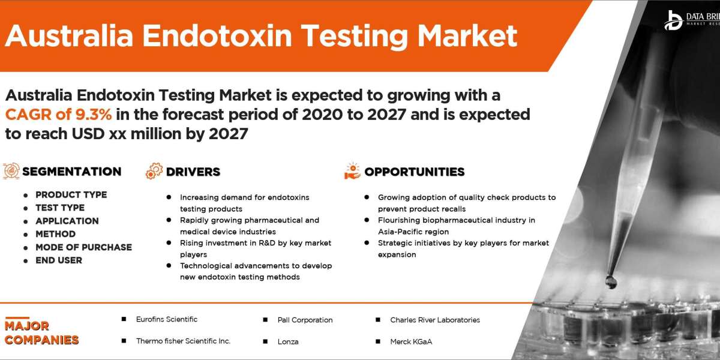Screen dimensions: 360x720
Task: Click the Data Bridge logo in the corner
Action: coord(673,20)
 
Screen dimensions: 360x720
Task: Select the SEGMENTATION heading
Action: coord(72,172)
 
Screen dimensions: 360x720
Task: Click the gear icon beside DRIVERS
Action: coord(154,171)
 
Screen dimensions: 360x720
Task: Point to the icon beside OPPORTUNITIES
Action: coord(352,171)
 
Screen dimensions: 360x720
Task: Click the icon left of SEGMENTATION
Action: coord(11,171)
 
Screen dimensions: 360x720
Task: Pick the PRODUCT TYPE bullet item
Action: coord(71,194)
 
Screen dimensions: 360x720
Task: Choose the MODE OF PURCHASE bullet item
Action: coord(83,247)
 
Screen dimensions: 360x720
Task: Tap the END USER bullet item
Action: coord(59,260)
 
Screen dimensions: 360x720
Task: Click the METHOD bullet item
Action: coord(55,234)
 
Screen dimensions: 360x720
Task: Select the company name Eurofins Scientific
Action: coord(166,319)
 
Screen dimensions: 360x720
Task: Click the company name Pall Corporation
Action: coord(305,320)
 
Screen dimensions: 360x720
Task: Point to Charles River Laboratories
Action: coord(434,320)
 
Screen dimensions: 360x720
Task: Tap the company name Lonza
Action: coord(288,341)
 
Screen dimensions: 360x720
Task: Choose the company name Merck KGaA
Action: coord(411,341)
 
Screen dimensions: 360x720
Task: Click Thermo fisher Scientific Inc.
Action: coord(183,341)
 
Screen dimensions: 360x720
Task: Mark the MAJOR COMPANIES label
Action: coord(41,333)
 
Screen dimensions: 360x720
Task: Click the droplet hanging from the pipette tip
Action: coord(611,280)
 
